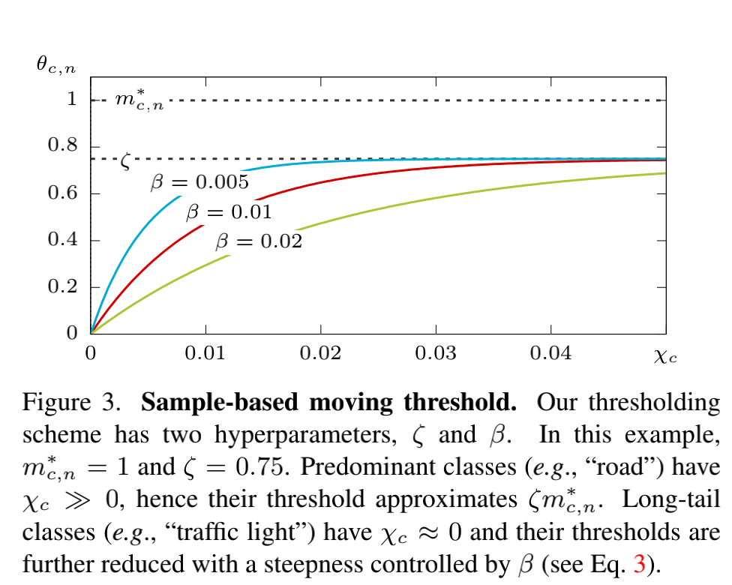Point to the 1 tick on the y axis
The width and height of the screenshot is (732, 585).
click(x=72, y=99)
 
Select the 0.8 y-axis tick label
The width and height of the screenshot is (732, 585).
click(x=63, y=146)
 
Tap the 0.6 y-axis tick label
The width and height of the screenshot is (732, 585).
click(x=63, y=193)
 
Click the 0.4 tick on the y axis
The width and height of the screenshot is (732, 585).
click(x=63, y=241)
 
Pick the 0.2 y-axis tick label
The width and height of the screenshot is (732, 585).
click(x=63, y=287)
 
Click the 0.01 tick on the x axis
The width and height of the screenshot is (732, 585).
click(x=205, y=352)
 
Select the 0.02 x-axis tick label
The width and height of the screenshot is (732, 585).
click(x=321, y=352)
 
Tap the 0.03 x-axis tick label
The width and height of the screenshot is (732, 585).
click(x=436, y=352)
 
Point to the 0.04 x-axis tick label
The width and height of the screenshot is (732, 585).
click(x=551, y=352)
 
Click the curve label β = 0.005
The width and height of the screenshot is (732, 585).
click(x=199, y=182)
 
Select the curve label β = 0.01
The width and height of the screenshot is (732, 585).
click(x=229, y=213)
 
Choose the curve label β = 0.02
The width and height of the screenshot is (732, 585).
click(x=259, y=241)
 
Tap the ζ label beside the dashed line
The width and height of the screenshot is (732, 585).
click(x=126, y=160)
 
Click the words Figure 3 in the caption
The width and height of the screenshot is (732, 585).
click(x=70, y=403)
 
